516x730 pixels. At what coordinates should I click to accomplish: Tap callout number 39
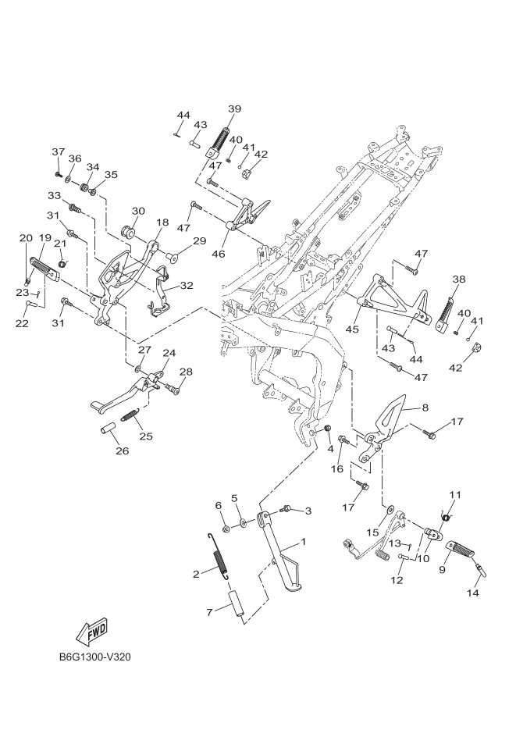coord(234,109)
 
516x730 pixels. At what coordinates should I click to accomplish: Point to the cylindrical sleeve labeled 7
coord(237,607)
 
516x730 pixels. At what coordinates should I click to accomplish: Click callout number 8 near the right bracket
coord(425,407)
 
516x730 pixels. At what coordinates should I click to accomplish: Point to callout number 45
coord(352,329)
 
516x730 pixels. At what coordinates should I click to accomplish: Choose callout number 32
coord(187,286)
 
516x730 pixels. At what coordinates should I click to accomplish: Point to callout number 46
coord(219,254)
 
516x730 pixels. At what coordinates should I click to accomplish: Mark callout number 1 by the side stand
coord(303,541)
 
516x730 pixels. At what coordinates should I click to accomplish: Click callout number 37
coord(58,151)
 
